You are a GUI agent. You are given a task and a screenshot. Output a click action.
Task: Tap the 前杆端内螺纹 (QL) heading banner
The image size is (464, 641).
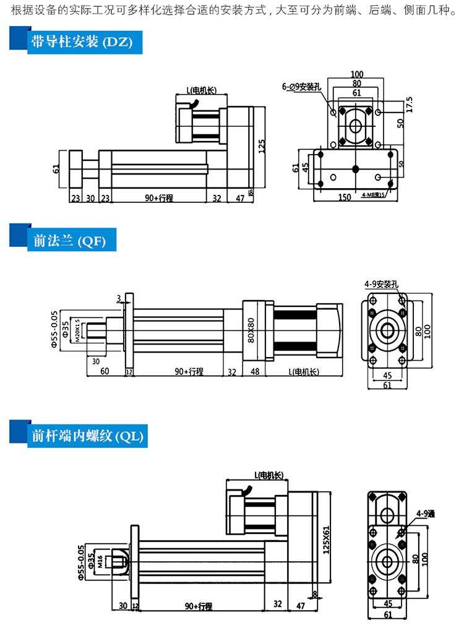pyautogui.click(x=87, y=436)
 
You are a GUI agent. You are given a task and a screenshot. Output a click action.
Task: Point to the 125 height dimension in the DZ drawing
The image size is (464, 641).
pyautogui.click(x=262, y=146)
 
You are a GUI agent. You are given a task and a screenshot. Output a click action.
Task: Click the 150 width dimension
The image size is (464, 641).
pyautogui.click(x=346, y=197)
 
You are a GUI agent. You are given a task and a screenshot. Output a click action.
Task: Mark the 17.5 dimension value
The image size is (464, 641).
pyautogui.click(x=409, y=103)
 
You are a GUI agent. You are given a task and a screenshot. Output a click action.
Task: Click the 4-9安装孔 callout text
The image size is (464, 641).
pyautogui.click(x=382, y=285)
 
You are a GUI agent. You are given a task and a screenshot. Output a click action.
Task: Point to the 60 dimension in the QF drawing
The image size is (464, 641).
pyautogui.click(x=105, y=371)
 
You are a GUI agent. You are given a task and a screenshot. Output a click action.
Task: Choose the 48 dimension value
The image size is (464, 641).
pyautogui.click(x=255, y=371)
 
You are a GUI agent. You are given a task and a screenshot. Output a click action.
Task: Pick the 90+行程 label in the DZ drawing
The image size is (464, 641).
pyautogui.click(x=158, y=198)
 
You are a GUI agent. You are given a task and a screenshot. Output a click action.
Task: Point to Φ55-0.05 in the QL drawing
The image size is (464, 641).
pyautogui.click(x=80, y=563)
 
